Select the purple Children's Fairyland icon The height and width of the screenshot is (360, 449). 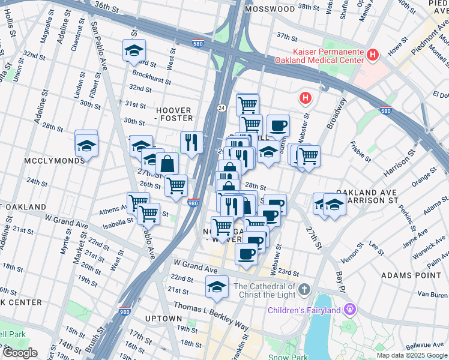351,310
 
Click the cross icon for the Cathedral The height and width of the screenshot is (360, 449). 304,290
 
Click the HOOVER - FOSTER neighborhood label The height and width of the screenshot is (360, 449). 174,115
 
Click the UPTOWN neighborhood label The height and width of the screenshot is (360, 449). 163,318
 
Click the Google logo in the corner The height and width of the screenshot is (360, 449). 20,353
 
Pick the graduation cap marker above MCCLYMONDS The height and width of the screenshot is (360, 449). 87,145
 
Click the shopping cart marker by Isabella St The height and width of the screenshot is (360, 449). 148,213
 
